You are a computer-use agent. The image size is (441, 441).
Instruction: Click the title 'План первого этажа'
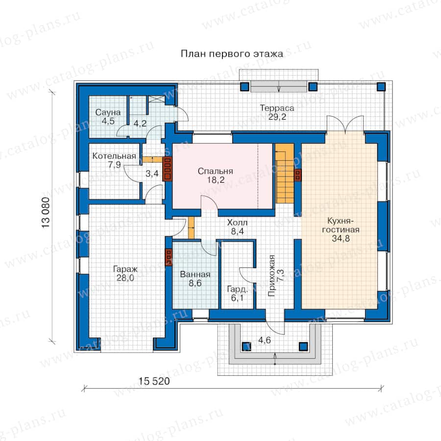click(232, 53)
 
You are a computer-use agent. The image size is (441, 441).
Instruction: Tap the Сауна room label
click(108, 112)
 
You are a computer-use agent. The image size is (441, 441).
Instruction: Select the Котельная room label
click(114, 156)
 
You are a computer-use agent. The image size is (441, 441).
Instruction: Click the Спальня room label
click(216, 171)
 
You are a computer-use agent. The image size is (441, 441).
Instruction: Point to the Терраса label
click(277, 108)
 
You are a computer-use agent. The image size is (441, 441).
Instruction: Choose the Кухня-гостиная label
click(341, 225)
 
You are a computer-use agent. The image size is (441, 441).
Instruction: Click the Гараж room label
click(125, 269)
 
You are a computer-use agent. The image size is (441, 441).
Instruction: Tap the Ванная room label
click(195, 274)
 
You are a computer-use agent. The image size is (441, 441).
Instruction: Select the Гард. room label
click(237, 289)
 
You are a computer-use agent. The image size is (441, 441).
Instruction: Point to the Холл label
click(237, 222)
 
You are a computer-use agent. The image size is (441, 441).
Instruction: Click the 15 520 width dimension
click(154, 381)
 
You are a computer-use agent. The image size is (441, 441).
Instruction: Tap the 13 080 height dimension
click(46, 213)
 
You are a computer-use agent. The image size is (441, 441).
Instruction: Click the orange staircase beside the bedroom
click(285, 173)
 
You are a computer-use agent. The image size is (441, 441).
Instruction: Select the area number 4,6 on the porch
click(265, 341)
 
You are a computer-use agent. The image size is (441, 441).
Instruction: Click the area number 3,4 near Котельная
click(152, 173)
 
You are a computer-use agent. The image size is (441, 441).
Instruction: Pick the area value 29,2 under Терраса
click(277, 117)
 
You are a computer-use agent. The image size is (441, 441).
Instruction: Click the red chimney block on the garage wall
click(169, 257)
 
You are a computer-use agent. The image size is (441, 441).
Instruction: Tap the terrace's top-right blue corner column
click(381, 86)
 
